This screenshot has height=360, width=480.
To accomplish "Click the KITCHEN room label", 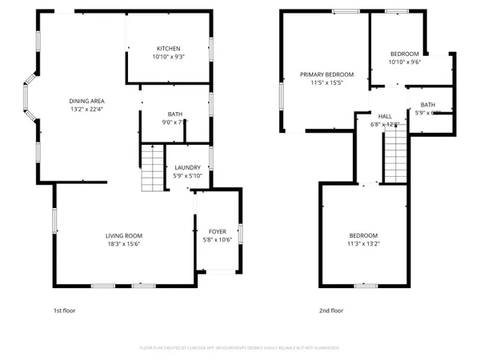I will [168, 49].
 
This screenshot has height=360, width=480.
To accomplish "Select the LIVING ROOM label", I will [124, 235].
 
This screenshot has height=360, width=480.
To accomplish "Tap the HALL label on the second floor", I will [386, 116].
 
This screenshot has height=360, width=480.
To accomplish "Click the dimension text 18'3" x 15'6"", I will [124, 243].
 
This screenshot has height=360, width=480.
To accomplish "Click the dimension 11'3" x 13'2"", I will [364, 243].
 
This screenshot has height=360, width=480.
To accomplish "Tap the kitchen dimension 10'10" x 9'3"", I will [168, 57].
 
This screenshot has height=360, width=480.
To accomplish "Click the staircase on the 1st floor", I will [152, 168].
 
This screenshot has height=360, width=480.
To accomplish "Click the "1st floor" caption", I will [64, 310].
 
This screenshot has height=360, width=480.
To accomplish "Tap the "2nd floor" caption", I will [330, 310].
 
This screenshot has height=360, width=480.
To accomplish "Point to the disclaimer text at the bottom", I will [240, 348].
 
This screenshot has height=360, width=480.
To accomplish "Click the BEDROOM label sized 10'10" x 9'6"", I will [404, 54].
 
